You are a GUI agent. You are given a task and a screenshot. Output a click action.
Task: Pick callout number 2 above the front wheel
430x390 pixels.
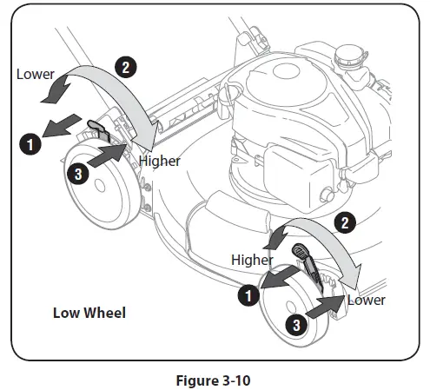[344, 224]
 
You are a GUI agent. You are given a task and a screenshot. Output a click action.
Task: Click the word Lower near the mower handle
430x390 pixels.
[35, 74]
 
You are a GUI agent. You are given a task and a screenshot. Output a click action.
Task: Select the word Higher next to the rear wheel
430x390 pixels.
[159, 161]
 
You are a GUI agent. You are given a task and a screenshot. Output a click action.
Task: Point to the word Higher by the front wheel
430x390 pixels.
[252, 260]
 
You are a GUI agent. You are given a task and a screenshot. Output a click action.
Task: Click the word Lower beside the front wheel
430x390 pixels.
[366, 300]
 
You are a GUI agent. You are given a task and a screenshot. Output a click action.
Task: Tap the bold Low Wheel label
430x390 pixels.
[89, 313]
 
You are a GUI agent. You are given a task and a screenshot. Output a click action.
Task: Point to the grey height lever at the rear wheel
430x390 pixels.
[99, 131]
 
